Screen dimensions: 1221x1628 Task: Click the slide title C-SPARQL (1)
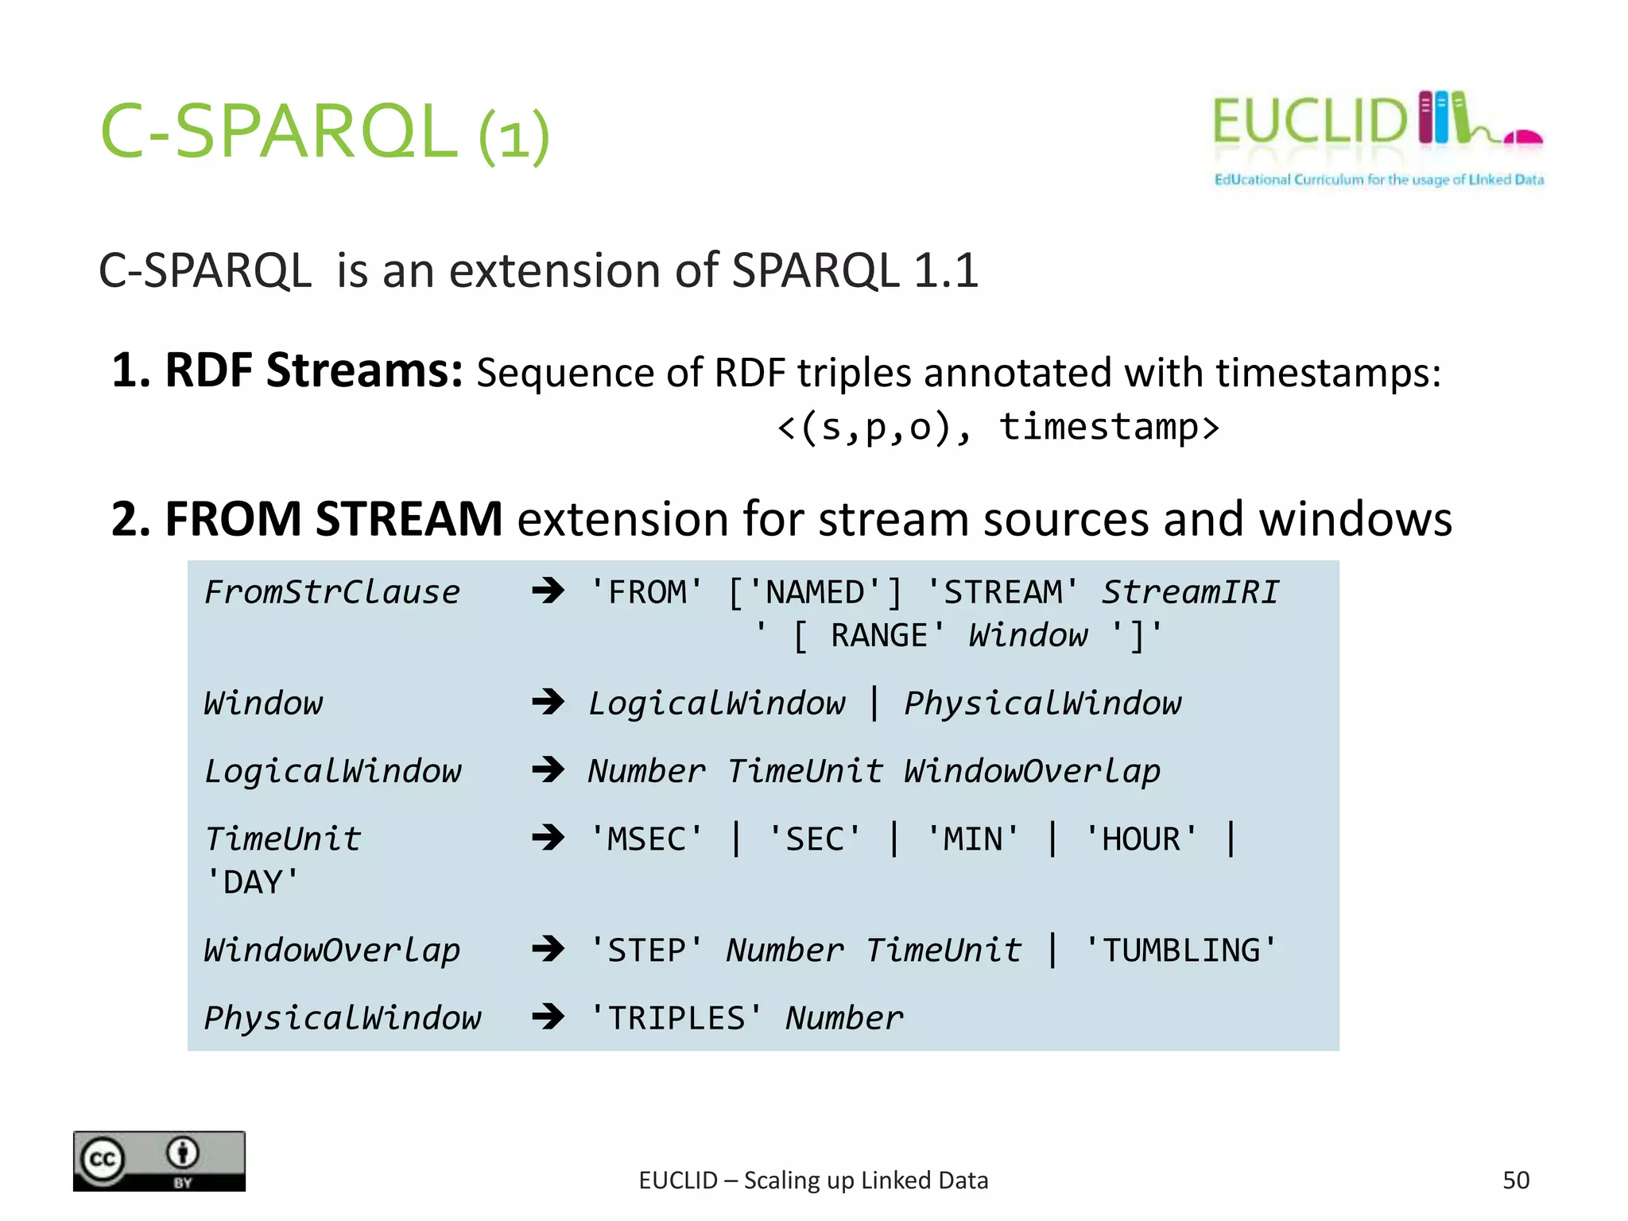pos(324,132)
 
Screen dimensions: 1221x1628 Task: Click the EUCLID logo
pos(1377,137)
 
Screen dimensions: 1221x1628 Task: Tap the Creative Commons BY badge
pos(159,1160)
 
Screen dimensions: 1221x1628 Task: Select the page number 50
pos(1515,1180)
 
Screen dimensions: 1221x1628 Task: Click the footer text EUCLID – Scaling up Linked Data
pos(813,1180)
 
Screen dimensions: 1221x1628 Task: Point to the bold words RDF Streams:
pos(286,371)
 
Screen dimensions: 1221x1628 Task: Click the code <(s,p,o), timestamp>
pos(998,427)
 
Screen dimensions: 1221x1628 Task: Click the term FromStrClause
pos(331,592)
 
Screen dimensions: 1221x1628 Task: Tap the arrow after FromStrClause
pos(548,591)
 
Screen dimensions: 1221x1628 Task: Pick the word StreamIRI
pos(1190,592)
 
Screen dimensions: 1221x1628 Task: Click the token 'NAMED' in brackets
pos(815,593)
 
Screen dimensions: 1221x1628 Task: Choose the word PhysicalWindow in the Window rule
pos(1042,704)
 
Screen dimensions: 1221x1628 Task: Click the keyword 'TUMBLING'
pos(1180,951)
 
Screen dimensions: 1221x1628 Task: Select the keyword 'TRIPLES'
pos(676,1018)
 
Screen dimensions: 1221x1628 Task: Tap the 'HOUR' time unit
pos(1141,839)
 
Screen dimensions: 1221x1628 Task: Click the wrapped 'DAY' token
pos(253,882)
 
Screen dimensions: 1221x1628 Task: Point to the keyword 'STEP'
pos(645,951)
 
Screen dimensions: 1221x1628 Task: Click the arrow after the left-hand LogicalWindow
pos(548,769)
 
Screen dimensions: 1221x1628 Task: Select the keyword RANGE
pos(878,636)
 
